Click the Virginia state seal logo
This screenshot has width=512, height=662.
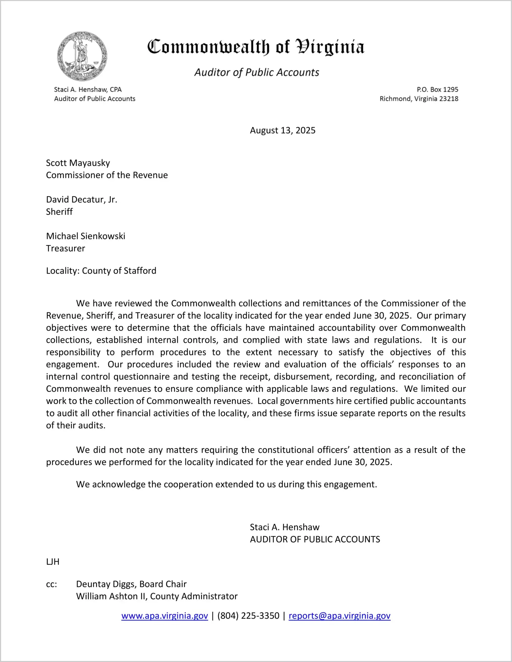82,56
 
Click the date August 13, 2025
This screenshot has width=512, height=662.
282,130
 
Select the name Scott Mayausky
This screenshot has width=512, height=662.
78,163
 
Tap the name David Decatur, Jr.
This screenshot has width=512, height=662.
82,200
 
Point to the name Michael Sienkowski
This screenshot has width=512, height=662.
86,236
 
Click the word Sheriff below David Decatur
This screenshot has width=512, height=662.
59,212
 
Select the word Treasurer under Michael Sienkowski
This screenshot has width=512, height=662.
65,249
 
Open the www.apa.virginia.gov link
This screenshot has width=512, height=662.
164,616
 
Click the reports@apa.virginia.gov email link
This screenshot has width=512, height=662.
339,616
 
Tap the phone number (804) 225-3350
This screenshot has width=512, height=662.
248,616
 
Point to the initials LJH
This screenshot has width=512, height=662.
53,562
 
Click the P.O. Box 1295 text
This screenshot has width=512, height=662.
437,89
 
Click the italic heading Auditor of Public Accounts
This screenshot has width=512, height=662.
257,72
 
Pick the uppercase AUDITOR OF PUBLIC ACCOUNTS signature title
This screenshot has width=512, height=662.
315,540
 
